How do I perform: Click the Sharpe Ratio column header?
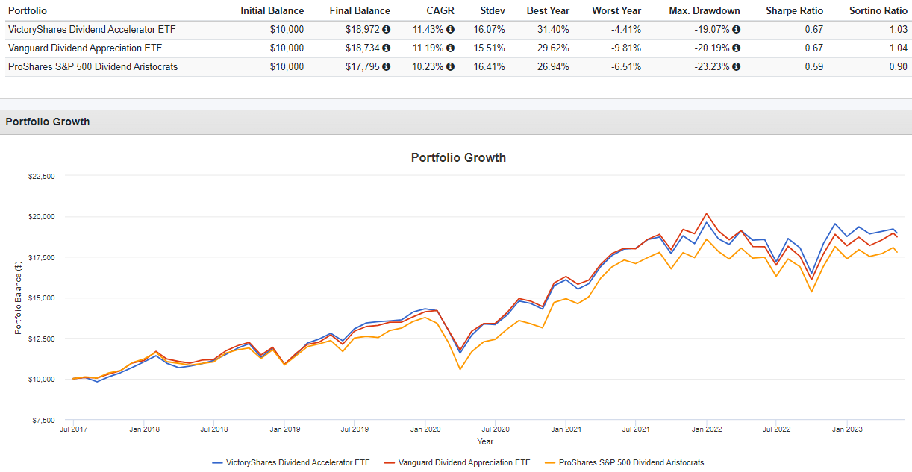click(x=795, y=10)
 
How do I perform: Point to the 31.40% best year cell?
click(x=553, y=29)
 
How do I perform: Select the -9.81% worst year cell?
click(x=627, y=48)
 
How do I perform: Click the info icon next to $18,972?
click(x=387, y=29)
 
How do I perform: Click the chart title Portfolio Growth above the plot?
click(x=458, y=157)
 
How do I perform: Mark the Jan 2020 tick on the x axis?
click(x=425, y=429)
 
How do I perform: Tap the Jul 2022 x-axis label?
click(x=776, y=429)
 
